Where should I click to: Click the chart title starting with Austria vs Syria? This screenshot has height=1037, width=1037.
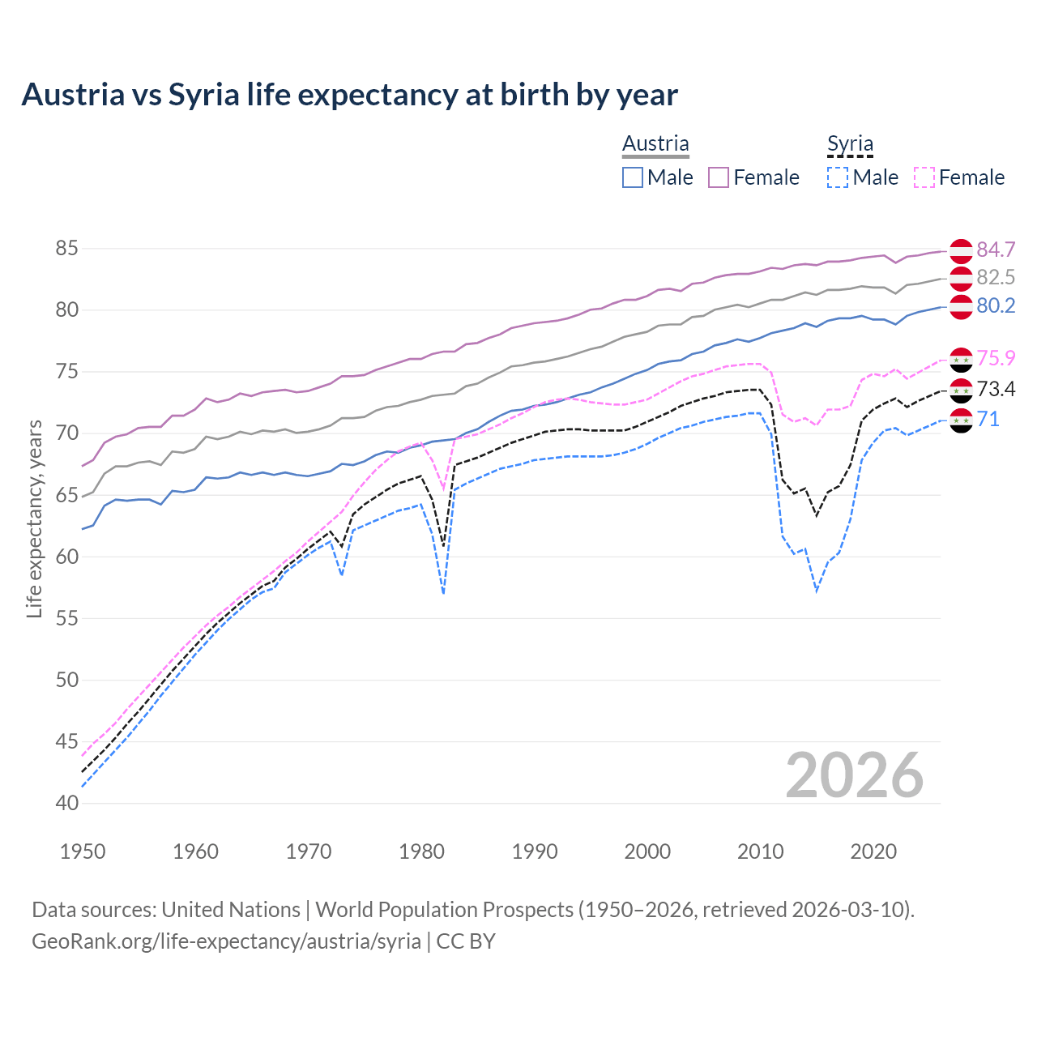tap(349, 95)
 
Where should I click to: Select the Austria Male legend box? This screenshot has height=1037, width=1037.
tap(633, 177)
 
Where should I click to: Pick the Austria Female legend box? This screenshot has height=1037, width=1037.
tap(719, 177)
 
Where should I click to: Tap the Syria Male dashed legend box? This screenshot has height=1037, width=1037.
tap(838, 177)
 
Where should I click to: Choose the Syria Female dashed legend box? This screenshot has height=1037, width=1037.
tap(924, 177)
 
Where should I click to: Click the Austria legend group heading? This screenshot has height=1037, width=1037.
tap(655, 143)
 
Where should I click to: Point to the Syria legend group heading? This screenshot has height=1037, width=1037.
tap(850, 144)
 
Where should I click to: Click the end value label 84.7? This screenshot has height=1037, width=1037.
tap(996, 250)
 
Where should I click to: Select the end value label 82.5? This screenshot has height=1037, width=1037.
tap(996, 278)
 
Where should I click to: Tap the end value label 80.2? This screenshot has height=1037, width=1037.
tap(996, 306)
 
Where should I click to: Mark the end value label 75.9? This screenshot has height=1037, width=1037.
tap(996, 359)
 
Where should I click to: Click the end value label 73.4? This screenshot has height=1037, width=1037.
tap(996, 390)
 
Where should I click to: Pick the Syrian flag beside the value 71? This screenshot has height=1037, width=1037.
tap(961, 420)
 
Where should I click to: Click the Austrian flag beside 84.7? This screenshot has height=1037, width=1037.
tap(961, 250)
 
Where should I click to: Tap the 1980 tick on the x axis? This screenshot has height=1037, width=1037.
tap(421, 851)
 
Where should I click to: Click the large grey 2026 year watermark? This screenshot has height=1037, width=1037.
tap(855, 775)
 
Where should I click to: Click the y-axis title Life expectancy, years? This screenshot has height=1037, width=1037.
tap(34, 518)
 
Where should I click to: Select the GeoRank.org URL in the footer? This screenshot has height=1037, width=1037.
tap(226, 941)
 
